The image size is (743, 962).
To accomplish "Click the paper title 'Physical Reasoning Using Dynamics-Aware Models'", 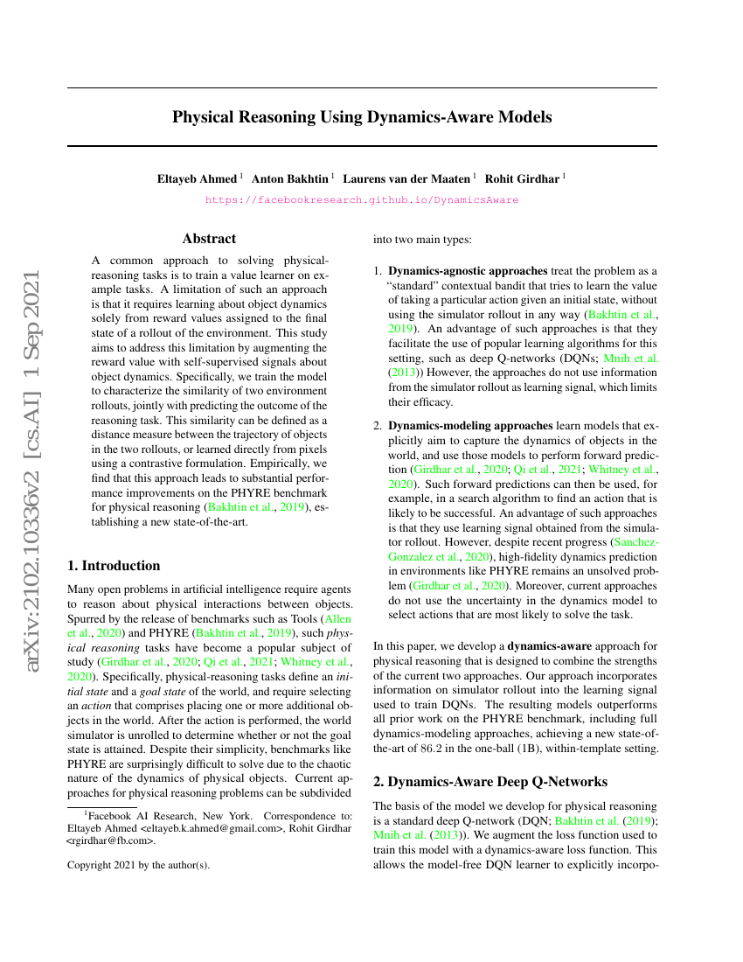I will pyautogui.click(x=362, y=116).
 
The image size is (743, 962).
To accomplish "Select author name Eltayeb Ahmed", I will pyautogui.click(x=198, y=178).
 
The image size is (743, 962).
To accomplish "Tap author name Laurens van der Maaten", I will pyautogui.click(x=406, y=178).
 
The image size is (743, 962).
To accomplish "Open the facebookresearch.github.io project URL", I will pyautogui.click(x=362, y=199).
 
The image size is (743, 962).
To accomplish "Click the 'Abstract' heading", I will pyautogui.click(x=209, y=238).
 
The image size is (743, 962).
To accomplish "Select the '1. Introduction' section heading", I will pyautogui.click(x=115, y=565).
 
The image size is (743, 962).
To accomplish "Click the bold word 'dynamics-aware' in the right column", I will pyautogui.click(x=550, y=646).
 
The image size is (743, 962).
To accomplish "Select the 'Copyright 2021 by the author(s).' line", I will pyautogui.click(x=138, y=866).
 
